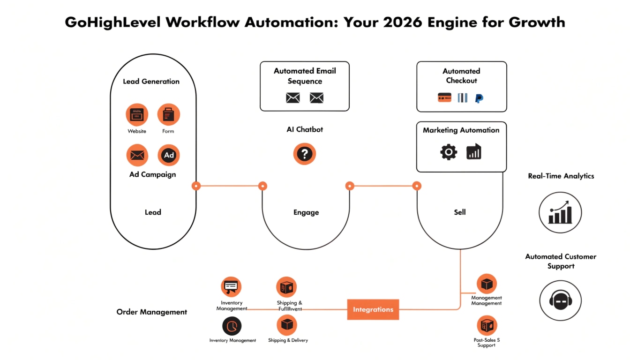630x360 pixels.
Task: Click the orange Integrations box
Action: (x=373, y=309)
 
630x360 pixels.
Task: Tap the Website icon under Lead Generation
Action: (x=137, y=115)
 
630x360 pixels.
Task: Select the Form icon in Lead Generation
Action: (x=168, y=115)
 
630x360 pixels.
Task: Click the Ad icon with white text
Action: (x=169, y=155)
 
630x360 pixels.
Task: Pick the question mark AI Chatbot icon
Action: (x=305, y=154)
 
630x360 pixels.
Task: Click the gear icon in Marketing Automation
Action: (x=449, y=152)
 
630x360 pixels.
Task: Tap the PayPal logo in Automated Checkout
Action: (x=479, y=98)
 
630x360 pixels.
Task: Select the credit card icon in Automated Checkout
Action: (x=444, y=97)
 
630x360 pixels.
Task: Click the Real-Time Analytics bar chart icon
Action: (x=560, y=213)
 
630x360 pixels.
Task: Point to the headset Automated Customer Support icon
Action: (x=560, y=301)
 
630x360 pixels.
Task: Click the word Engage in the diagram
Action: (x=306, y=212)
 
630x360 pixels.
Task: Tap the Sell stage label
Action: (x=460, y=212)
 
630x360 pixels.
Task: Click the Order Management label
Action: (x=151, y=312)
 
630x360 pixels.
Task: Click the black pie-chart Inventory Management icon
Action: (x=232, y=325)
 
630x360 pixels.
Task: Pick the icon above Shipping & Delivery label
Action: (x=287, y=325)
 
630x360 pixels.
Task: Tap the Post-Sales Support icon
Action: (x=487, y=325)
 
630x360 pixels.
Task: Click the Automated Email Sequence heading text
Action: (x=305, y=76)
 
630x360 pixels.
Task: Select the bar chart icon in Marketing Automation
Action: (x=474, y=152)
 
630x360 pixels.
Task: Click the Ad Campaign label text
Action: (x=152, y=174)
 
